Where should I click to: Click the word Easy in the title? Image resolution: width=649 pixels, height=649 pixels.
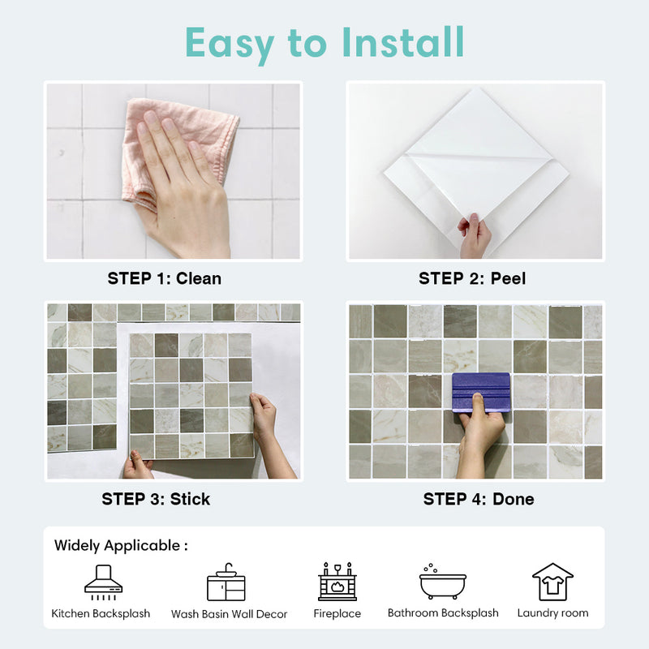[x=235, y=42]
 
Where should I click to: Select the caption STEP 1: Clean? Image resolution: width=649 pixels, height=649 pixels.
[x=164, y=278]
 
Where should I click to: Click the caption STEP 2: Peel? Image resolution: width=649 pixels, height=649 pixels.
[x=472, y=278]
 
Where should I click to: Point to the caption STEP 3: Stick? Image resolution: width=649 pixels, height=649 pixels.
[x=156, y=499]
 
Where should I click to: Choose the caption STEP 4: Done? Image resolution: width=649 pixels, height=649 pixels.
[x=479, y=499]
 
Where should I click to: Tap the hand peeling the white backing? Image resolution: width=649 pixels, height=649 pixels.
[x=474, y=235]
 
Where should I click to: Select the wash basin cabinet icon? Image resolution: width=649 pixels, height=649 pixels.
[x=226, y=582]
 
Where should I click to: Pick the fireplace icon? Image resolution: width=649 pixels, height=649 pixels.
[x=337, y=581]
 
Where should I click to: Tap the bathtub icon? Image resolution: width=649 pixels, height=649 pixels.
[x=442, y=582]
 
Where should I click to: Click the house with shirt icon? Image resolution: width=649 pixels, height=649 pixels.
[x=552, y=581]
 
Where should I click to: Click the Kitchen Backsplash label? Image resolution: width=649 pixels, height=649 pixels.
[x=101, y=613]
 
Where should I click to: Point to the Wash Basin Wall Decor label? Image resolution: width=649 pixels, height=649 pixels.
[x=229, y=614]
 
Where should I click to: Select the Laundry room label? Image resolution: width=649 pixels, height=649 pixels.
[x=552, y=613]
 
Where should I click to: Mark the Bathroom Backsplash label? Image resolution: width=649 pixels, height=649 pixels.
[x=443, y=613]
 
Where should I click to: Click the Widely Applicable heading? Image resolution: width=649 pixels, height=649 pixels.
[x=121, y=545]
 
